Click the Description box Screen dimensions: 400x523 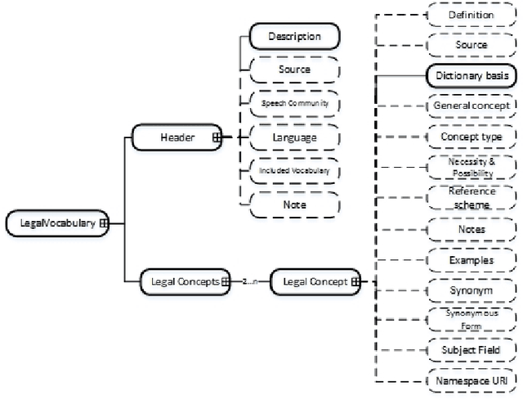294,36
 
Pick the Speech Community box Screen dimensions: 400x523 294,103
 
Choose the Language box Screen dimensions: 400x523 294,137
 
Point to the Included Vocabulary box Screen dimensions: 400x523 294,170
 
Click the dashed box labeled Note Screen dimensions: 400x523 294,204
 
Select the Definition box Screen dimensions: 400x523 472,15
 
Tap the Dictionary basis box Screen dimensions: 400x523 472,75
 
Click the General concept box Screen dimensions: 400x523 472,106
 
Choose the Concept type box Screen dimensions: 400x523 472,136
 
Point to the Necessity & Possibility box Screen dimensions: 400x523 472,168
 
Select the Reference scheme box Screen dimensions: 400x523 472,198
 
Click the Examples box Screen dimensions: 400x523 472,259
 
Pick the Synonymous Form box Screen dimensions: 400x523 472,319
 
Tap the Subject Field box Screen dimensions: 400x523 472,349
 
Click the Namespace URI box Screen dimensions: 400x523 472,380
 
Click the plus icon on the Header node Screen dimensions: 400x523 217,137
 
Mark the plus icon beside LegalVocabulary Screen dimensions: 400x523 104,222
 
